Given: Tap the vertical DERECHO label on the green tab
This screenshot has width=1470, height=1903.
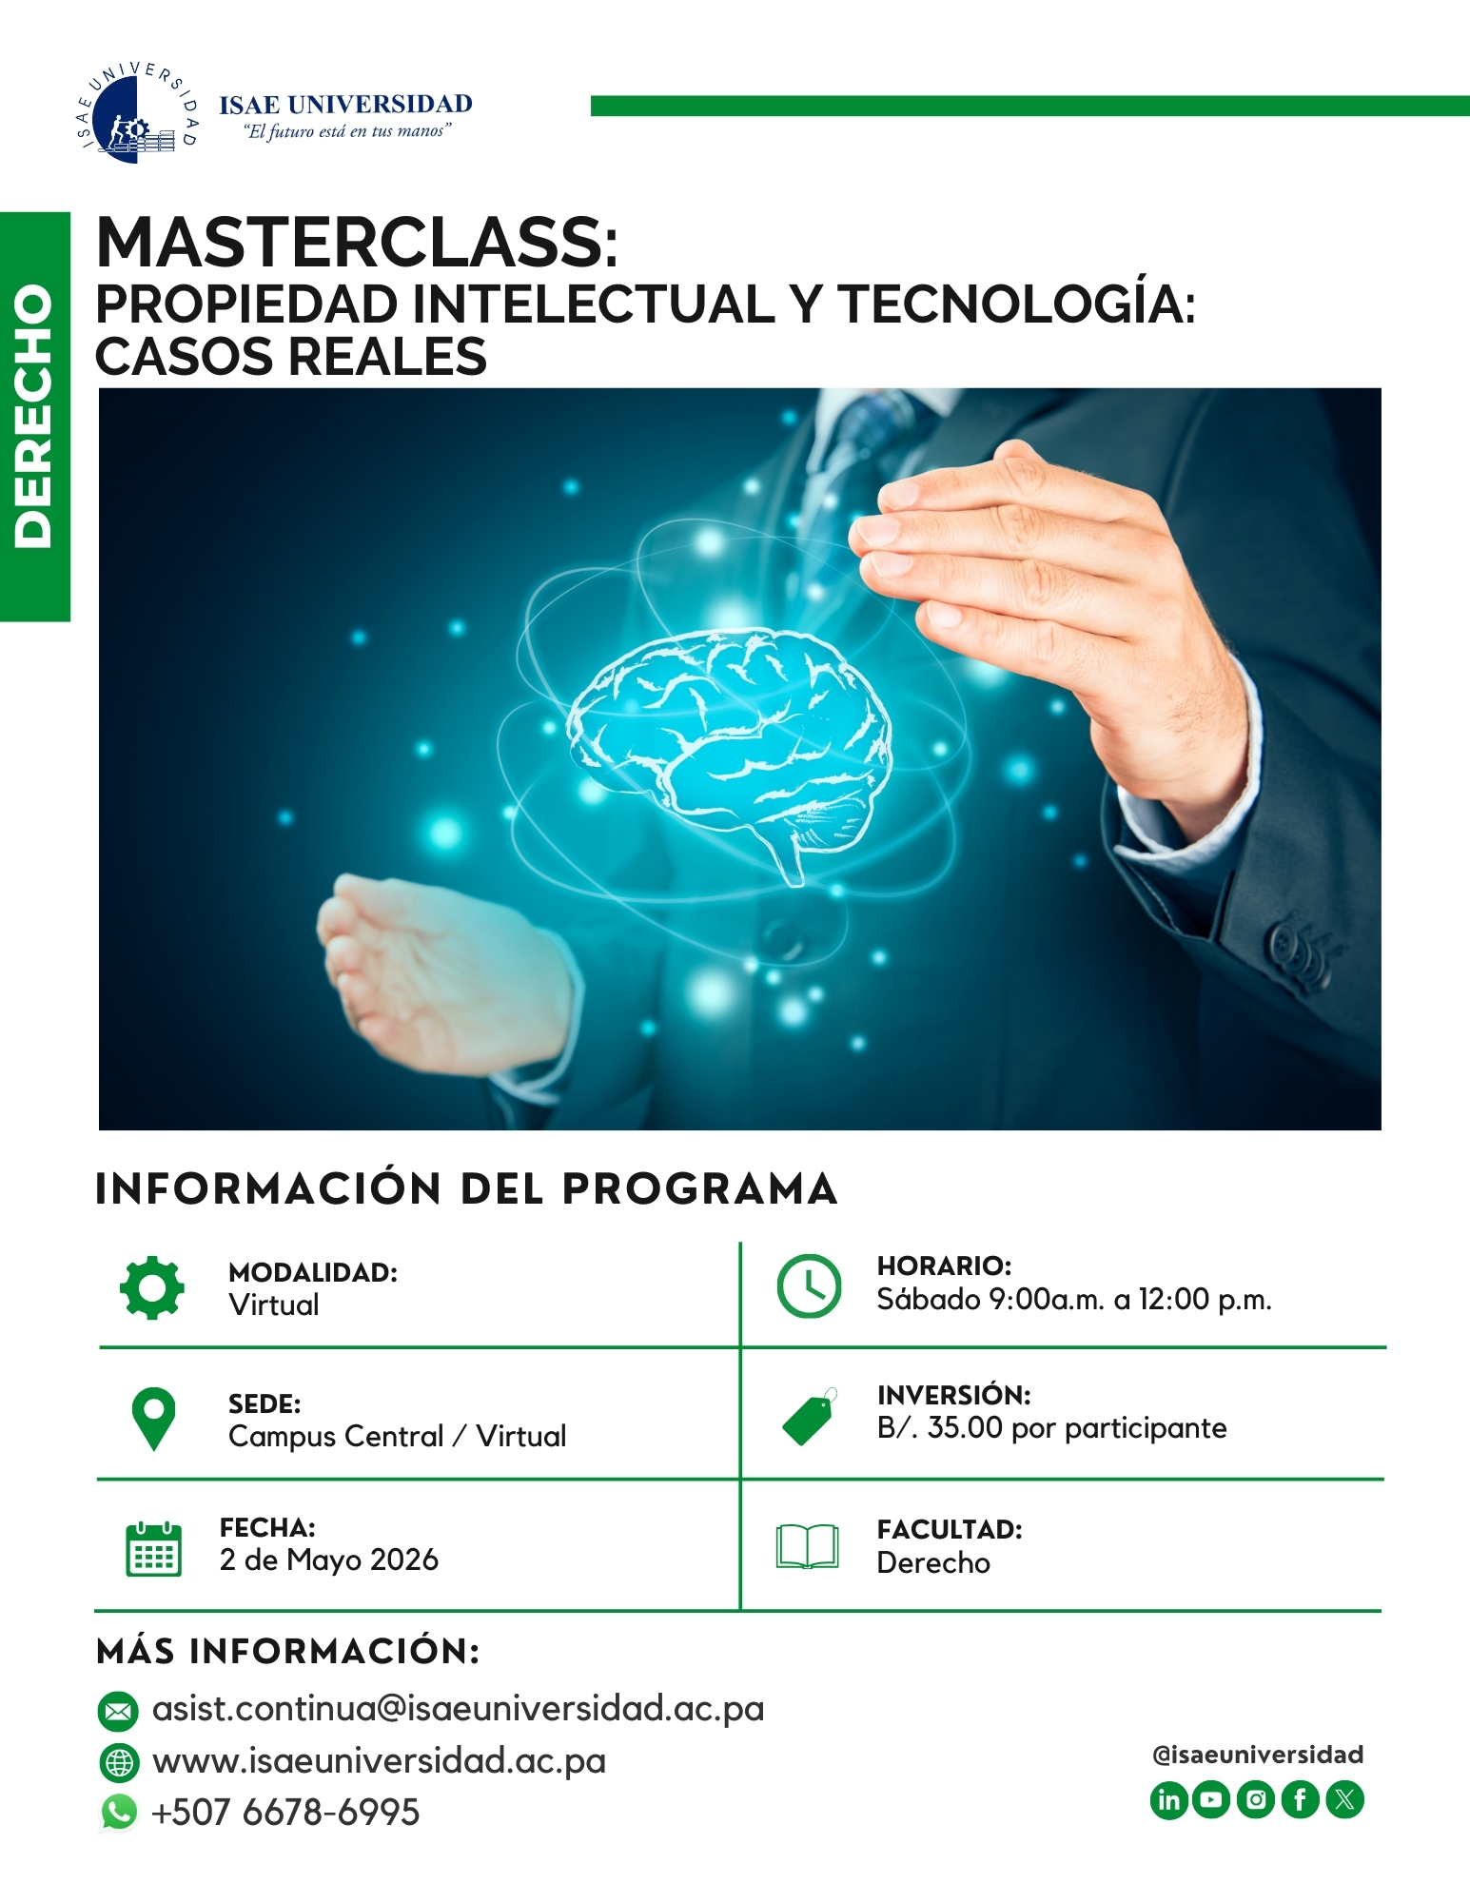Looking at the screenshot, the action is pos(34,416).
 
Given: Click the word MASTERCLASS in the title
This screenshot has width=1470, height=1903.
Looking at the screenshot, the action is pos(357,243).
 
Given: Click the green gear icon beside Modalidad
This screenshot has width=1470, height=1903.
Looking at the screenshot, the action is pos(152,1287).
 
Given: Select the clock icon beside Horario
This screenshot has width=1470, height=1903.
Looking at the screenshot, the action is pos(809,1285).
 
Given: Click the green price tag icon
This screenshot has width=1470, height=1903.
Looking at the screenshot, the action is pos(810,1417).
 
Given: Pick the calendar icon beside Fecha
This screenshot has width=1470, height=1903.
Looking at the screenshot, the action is pos(153,1549).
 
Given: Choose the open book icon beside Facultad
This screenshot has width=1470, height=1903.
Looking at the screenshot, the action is pos(808,1547).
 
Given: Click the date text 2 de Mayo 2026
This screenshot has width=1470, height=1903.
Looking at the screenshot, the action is pos(329,1560).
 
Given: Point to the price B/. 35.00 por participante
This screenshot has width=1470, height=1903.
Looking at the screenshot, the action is pos(1051,1428).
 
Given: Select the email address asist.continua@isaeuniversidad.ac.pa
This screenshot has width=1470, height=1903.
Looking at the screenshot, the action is pos(458,1709).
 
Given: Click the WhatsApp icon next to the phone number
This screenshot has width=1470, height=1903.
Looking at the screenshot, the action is pos(119,1813).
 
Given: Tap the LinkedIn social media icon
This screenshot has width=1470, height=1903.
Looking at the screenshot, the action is pos(1169,1800).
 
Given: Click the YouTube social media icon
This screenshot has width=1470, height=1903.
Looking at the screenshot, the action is pos(1211,1800).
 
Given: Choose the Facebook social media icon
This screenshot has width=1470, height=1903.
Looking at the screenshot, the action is pos(1300,1800).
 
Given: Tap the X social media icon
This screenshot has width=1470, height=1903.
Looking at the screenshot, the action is pos(1344,1800).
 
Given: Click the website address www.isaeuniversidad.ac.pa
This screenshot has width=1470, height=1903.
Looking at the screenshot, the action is pos(379,1761).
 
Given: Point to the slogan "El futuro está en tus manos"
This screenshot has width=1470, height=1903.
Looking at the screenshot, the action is pos(347,131).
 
